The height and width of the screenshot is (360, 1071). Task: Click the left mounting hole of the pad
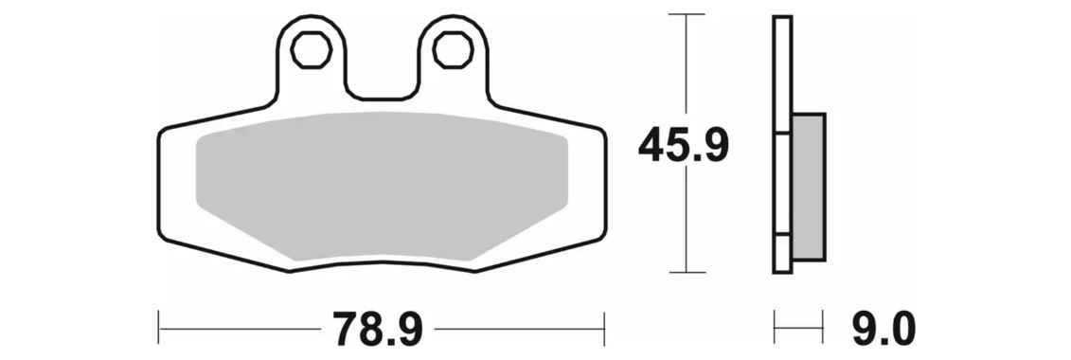point(312,50)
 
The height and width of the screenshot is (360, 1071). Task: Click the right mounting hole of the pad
point(453,50)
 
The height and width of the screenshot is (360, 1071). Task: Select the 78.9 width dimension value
point(378,329)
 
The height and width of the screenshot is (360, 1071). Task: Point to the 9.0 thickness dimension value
point(883,329)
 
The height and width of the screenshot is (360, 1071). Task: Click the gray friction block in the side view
point(809,187)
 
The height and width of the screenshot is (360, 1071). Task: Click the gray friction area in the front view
point(382,186)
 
